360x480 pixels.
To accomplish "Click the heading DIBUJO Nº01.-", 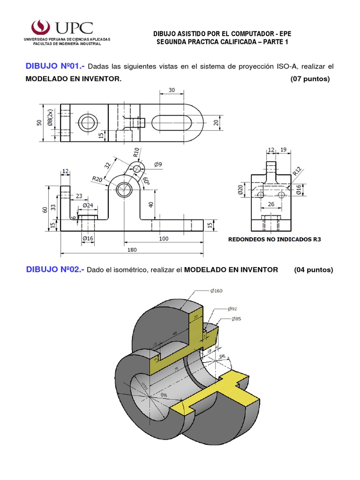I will coord(55,67).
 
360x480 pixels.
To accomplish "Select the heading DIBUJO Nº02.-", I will coord(55,270).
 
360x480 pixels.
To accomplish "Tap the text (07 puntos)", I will coord(310,79).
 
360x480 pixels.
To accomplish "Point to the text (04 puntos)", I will coord(314,270).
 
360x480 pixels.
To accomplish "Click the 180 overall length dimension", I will coord(132,250).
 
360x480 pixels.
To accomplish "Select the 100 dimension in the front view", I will coord(163,238).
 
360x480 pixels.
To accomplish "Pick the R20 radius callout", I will coord(97,179).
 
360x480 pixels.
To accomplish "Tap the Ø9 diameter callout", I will coord(157,164).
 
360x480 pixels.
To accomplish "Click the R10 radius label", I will coord(135,153).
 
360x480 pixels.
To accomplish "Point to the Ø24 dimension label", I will coord(88,205).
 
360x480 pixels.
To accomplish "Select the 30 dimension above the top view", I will coord(171,90).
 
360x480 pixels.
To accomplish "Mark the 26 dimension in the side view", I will coord(271,204).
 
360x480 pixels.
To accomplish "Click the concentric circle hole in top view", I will coord(87,123).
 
